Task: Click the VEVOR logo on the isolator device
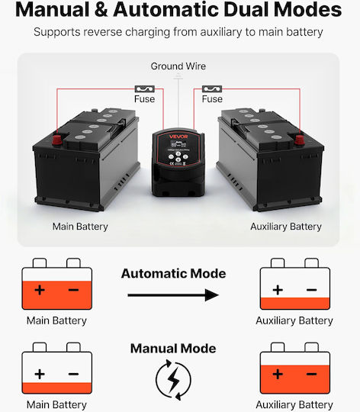tap(178, 137)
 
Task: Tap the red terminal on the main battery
tap(57, 140)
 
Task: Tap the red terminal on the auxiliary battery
tap(299, 140)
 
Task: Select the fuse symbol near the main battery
tap(144, 89)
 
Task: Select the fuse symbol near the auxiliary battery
tap(212, 89)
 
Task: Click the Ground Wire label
tap(178, 66)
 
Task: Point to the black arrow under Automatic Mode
tap(173, 295)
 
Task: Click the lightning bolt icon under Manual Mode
tap(173, 379)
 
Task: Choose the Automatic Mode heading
tap(173, 274)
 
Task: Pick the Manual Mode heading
tap(173, 349)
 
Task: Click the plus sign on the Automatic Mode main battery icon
tap(40, 290)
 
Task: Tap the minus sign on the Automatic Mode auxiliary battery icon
tap(311, 290)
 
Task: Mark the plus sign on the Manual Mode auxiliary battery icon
tap(278, 374)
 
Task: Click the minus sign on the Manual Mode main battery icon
tap(73, 374)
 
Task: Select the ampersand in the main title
tap(101, 10)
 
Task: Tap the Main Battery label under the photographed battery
tap(80, 227)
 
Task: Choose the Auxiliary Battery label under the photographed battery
tap(286, 227)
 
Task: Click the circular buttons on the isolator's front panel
tap(178, 157)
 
